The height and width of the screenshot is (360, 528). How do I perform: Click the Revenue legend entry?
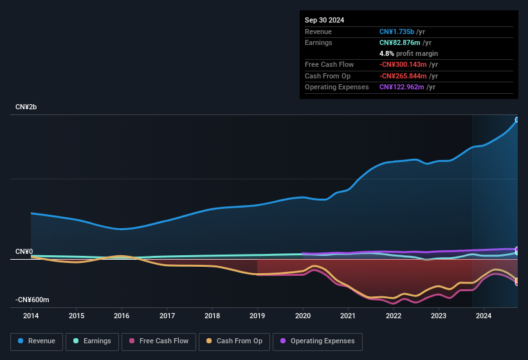[37, 341]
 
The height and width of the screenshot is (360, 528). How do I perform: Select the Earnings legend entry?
[92, 341]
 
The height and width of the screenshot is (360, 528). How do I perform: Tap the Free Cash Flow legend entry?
[159, 341]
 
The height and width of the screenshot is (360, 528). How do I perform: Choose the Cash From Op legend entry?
[235, 341]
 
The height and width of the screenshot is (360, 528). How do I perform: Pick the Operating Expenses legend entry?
[317, 341]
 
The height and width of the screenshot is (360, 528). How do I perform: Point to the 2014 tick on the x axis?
[31, 316]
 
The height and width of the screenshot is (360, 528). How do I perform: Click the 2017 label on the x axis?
[167, 316]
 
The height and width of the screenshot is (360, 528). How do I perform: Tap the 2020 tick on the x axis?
[303, 316]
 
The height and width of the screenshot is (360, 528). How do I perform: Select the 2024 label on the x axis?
[484, 316]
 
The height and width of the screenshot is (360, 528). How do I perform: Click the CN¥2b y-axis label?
[26, 107]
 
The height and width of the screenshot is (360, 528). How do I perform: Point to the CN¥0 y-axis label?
[24, 251]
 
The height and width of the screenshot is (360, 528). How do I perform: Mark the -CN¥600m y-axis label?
[32, 300]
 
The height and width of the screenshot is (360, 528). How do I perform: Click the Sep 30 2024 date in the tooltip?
[324, 20]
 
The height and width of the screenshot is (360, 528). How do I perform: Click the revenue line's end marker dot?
[517, 120]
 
